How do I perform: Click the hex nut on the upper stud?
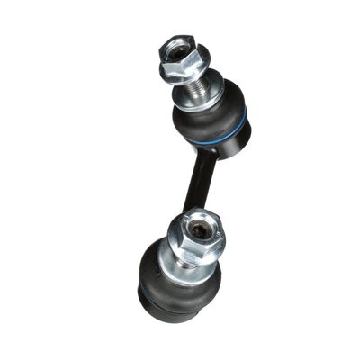(184, 56)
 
